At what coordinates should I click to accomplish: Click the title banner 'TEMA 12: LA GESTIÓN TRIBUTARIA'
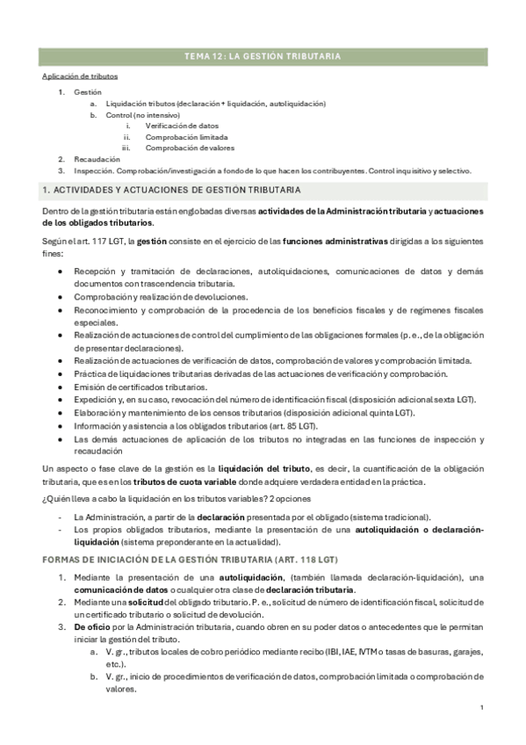click(x=263, y=56)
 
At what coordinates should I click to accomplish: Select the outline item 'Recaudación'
click(x=97, y=159)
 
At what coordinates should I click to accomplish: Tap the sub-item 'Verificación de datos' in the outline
click(x=182, y=126)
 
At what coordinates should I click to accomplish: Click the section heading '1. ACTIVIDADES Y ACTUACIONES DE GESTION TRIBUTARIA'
click(x=171, y=190)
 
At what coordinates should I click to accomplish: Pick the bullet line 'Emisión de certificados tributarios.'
click(x=141, y=387)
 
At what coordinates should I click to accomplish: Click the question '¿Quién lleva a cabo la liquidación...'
click(x=158, y=500)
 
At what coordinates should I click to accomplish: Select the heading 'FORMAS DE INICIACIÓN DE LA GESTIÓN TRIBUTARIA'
click(x=189, y=560)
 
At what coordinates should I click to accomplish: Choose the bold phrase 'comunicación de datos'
click(x=118, y=589)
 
